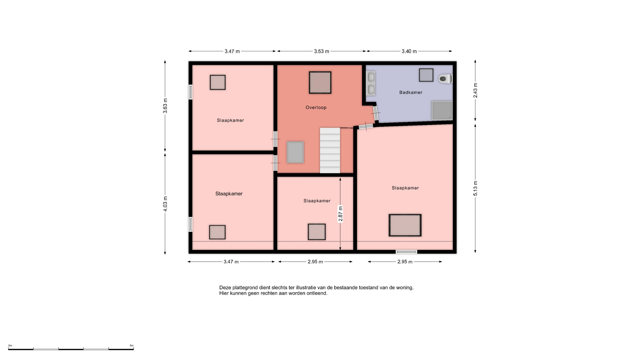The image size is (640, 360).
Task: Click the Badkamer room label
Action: pos(411,92)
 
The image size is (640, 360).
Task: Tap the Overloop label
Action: pos(316,107)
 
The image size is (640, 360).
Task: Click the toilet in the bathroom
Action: pos(445,79)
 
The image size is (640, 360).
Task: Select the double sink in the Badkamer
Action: pos(371,83)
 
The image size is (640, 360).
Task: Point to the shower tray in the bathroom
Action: pos(442,110)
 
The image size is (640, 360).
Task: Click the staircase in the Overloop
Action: pos(330,150)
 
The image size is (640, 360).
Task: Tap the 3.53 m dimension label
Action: pos(321,51)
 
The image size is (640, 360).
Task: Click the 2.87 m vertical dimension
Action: pos(340,214)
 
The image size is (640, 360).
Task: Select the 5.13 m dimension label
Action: pos(475,188)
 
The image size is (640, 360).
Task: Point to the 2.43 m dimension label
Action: pos(475,90)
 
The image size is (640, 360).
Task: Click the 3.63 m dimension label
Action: pos(165,106)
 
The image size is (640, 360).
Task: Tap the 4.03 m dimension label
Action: pos(165,204)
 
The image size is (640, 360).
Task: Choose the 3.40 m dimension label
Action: pos(409,51)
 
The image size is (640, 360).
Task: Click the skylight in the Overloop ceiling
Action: pos(320,82)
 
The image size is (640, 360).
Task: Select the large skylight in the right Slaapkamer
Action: pos(405,225)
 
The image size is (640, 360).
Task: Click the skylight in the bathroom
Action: pos(426,75)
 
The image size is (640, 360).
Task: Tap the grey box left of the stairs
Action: pos(295,152)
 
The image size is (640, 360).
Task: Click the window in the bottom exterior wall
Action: pos(406,252)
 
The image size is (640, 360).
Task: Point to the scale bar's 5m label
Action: pos(132,346)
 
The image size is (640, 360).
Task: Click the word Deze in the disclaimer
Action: pos(225,287)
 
